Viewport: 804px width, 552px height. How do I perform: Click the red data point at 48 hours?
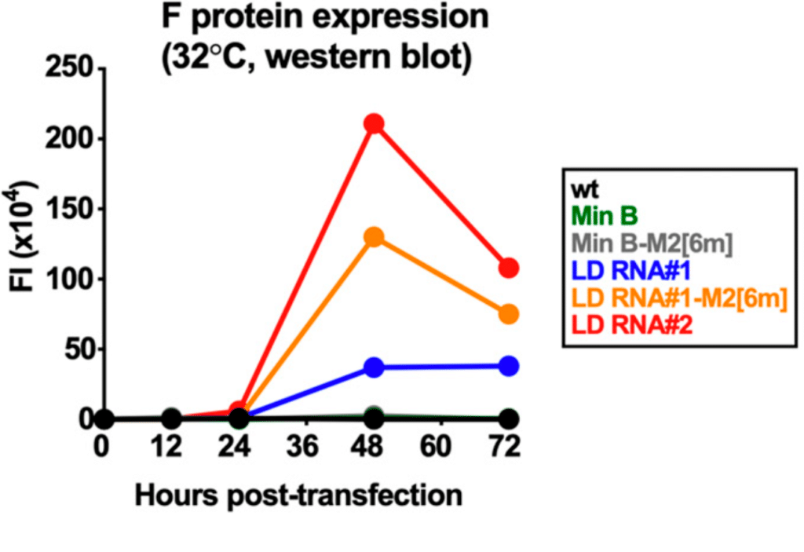[374, 124]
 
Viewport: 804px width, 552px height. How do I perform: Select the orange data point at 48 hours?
[374, 237]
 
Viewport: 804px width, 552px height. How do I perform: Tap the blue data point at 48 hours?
[374, 367]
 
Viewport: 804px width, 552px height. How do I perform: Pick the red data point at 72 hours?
[509, 268]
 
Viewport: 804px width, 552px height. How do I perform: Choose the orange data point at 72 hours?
[509, 314]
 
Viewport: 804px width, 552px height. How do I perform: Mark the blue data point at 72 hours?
[509, 366]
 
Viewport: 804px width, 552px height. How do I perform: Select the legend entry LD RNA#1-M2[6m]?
[680, 297]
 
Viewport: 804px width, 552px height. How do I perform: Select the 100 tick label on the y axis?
[71, 280]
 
